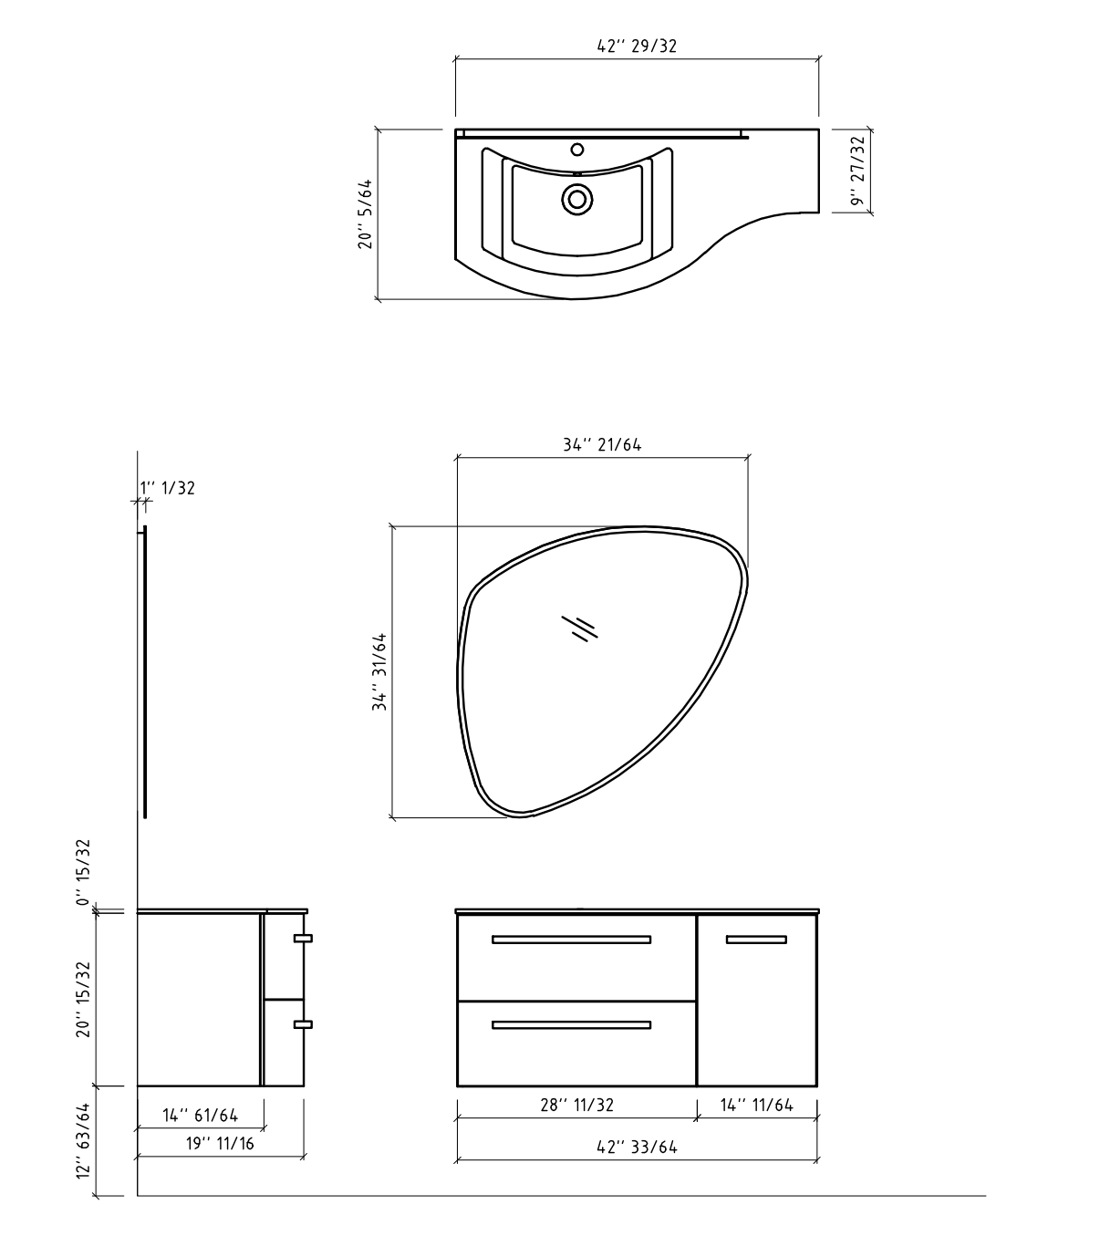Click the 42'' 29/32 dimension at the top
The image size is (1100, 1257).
click(x=637, y=47)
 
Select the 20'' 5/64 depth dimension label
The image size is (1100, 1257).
click(x=365, y=214)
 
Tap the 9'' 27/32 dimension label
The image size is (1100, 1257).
click(x=856, y=171)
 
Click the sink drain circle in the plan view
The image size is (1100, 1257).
click(x=576, y=199)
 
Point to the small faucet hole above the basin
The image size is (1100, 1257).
click(x=576, y=150)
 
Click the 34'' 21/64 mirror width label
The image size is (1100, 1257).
click(x=602, y=445)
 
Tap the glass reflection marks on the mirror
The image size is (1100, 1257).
click(x=579, y=628)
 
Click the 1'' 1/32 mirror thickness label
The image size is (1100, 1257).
click(x=168, y=488)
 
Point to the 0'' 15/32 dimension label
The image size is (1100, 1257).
click(x=83, y=872)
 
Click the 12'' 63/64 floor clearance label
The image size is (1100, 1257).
click(x=83, y=1140)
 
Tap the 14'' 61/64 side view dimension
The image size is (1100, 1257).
click(x=200, y=1115)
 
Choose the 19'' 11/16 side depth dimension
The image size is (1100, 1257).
click(x=220, y=1144)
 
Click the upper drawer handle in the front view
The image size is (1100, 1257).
click(x=571, y=940)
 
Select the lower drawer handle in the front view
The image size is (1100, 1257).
click(x=571, y=1025)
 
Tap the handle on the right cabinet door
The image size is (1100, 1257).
click(x=756, y=940)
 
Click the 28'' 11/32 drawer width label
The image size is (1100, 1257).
click(x=576, y=1105)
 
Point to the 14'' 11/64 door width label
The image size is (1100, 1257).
click(x=756, y=1105)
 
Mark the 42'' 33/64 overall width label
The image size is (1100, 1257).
click(x=637, y=1147)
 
